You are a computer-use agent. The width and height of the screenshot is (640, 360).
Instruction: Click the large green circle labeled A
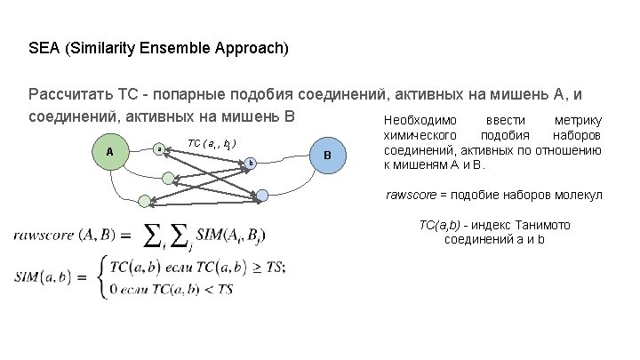[x=109, y=152]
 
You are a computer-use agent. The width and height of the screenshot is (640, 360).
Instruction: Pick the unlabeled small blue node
[x=261, y=195]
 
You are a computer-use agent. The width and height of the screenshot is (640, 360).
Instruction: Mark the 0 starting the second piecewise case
[x=111, y=289]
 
